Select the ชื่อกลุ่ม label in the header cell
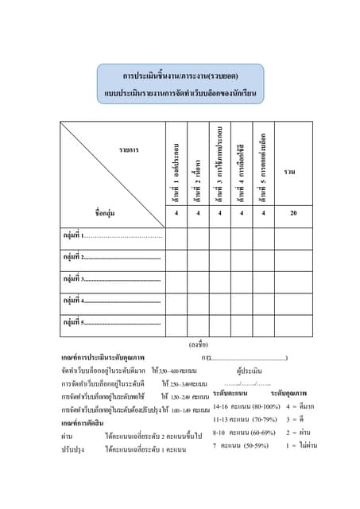click(105, 212)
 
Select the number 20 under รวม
click(293, 212)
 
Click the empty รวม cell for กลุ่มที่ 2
click(293, 258)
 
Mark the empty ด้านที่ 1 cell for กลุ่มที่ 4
click(176, 301)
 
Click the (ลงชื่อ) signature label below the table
click(198, 344)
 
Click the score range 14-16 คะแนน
click(230, 406)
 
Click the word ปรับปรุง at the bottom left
click(73, 449)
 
